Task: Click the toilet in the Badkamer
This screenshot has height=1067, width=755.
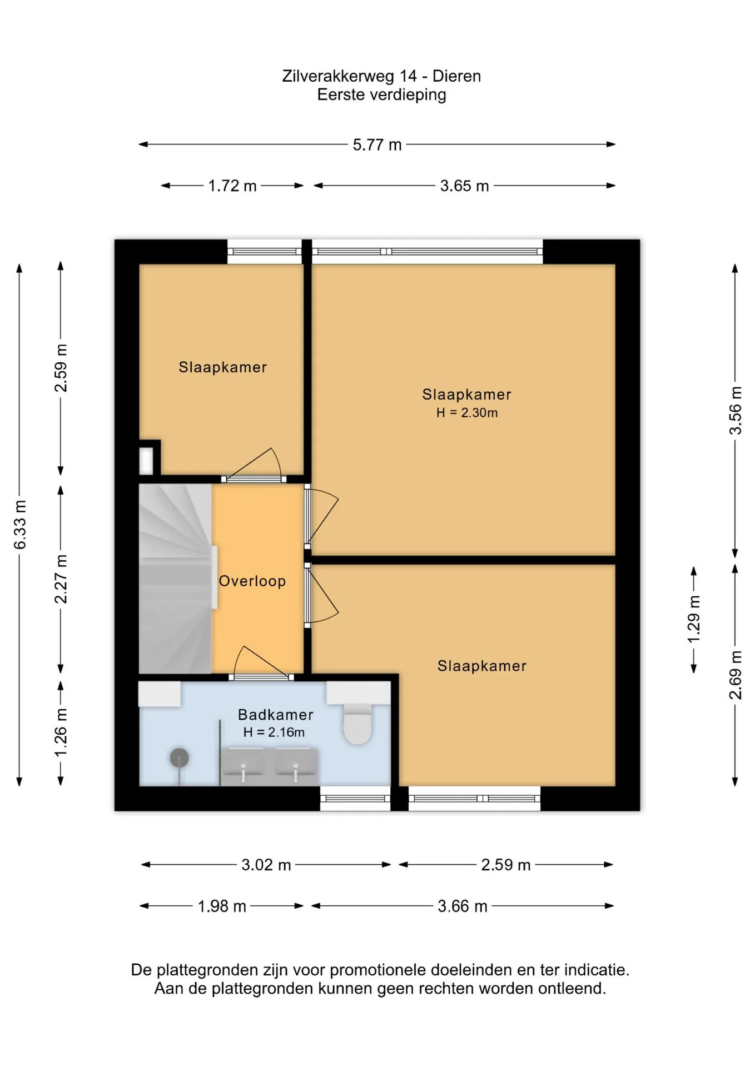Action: coord(357,724)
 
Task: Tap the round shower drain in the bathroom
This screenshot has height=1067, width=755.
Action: coord(179,757)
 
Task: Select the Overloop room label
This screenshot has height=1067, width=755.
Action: coord(252,581)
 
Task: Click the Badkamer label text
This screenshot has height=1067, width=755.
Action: coord(276,714)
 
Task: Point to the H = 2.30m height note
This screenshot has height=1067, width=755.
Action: coord(467,412)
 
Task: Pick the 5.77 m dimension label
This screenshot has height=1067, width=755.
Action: coord(377,144)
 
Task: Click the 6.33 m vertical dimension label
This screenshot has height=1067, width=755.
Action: coord(20,525)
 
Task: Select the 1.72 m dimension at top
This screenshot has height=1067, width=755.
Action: coord(232,186)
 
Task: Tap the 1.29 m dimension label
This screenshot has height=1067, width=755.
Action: coord(694,619)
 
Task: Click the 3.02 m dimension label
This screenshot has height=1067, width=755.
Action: coord(266,865)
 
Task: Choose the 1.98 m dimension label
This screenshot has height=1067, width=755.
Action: coord(222,906)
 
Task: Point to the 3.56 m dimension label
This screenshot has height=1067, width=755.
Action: coord(735,410)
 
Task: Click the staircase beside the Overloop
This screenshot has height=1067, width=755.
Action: coord(175,579)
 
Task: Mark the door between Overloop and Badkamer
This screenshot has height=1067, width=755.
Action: coord(261,663)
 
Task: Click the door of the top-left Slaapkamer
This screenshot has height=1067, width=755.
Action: coord(254,465)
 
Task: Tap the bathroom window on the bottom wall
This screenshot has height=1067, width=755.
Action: coord(355,799)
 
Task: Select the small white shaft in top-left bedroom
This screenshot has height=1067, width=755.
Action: coord(146,460)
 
